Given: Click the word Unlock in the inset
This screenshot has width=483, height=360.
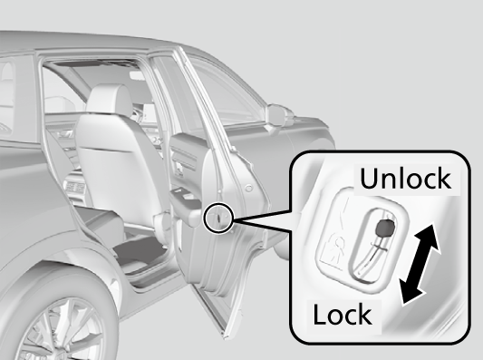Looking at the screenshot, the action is [x=405, y=178].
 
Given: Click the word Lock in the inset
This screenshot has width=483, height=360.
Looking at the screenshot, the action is [x=343, y=314].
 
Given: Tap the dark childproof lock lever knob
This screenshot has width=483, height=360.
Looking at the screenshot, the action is [x=385, y=229].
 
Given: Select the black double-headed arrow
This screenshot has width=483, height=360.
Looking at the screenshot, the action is [x=420, y=264].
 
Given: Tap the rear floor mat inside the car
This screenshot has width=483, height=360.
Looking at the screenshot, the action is [x=140, y=249].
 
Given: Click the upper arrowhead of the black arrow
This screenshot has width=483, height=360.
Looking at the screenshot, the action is [x=429, y=236].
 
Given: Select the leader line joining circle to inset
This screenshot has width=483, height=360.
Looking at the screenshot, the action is [x=262, y=219].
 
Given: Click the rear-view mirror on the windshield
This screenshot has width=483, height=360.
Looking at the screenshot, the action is [x=138, y=76].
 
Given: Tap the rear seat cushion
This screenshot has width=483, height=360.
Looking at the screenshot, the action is [x=101, y=218].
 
